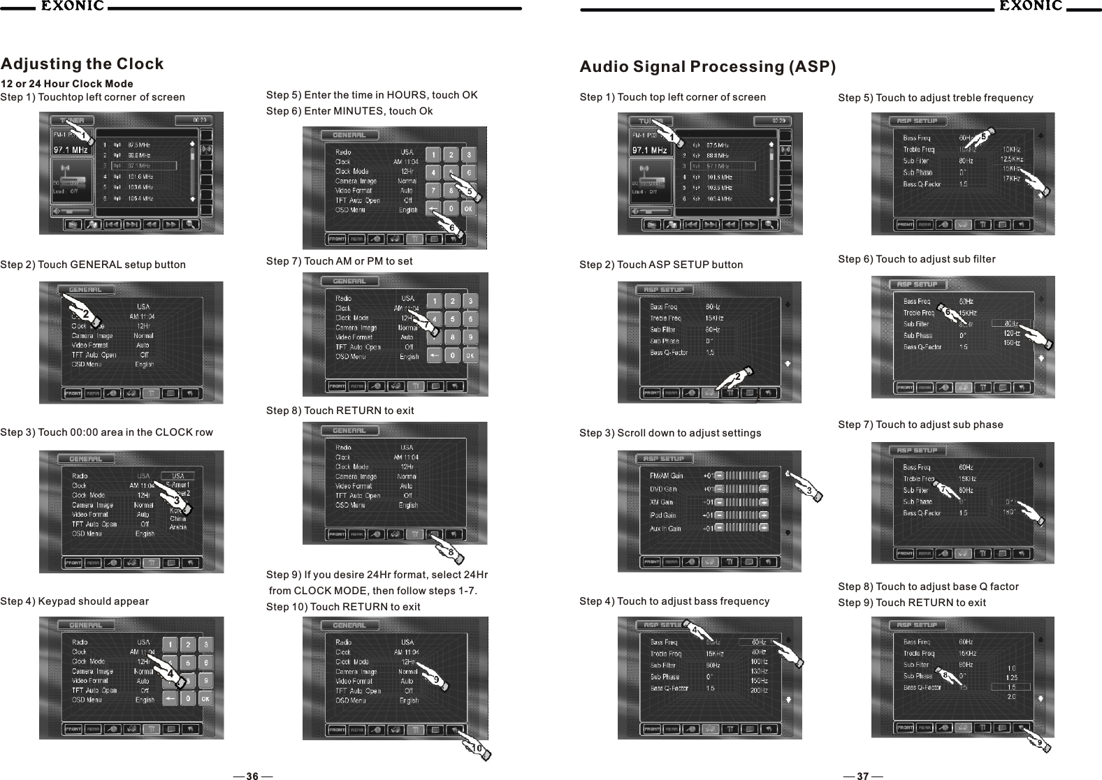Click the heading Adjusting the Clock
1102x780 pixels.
pyautogui.click(x=82, y=64)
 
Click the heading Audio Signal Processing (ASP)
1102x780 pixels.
pyautogui.click(x=707, y=67)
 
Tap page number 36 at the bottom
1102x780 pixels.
pyautogui.click(x=252, y=776)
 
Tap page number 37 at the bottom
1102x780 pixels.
pyautogui.click(x=862, y=776)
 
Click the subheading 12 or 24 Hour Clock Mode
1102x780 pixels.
pyautogui.click(x=67, y=84)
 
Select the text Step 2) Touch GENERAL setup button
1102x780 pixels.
pyautogui.click(x=93, y=265)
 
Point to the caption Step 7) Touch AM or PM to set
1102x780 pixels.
pyautogui.click(x=339, y=261)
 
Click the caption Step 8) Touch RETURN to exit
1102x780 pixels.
pyautogui.click(x=340, y=411)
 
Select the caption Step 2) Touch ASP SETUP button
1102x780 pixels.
pyautogui.click(x=661, y=265)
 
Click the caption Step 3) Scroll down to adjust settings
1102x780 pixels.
pyautogui.click(x=670, y=433)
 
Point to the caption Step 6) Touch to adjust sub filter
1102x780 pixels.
pyautogui.click(x=916, y=259)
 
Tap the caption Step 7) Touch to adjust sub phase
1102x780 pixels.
pyautogui.click(x=920, y=425)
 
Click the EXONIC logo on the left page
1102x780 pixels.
pyautogui.click(x=71, y=7)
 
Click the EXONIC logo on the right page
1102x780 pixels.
pyautogui.click(x=1030, y=7)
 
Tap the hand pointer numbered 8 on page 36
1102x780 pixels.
pyautogui.click(x=452, y=552)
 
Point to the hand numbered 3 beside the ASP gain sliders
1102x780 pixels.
pyautogui.click(x=808, y=489)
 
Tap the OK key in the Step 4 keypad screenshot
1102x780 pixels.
pyautogui.click(x=205, y=698)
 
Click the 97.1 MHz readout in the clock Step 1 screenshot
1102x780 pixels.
pyautogui.click(x=71, y=149)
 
